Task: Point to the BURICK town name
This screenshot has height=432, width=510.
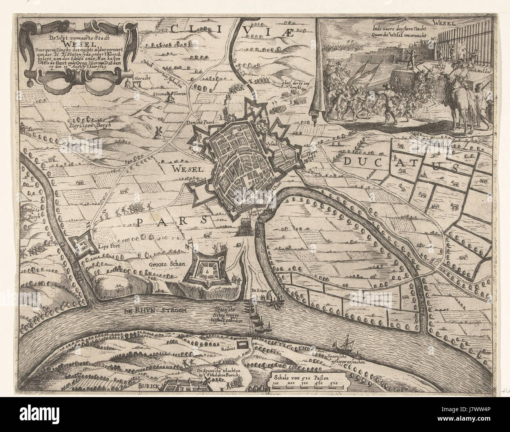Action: click(147, 386)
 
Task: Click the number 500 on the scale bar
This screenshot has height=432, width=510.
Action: click(334, 383)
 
